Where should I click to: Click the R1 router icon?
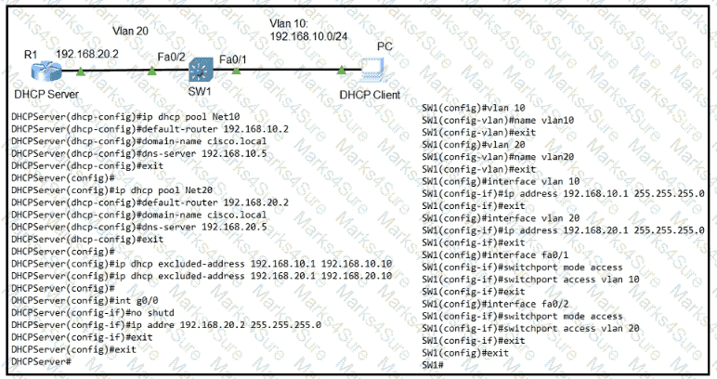pos(46,72)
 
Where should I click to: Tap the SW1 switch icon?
pos(202,70)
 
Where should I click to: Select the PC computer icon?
pos(372,70)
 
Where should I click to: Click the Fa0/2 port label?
pos(171,57)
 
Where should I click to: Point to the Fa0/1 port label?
pos(233,59)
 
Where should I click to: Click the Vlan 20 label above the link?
pos(130,31)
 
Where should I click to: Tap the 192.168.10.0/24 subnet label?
pos(308,36)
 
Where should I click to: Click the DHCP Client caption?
pos(370,95)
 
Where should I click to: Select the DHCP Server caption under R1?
pos(46,94)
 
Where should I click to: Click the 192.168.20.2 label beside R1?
pos(87,54)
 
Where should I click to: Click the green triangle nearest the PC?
pos(341,70)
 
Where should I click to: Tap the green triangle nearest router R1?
pos(81,71)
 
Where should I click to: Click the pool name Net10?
pos(226,117)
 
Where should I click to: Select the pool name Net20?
pos(199,190)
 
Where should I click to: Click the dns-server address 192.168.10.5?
pos(234,153)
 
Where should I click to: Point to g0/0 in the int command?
pos(148,300)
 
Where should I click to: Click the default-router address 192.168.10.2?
pos(256,129)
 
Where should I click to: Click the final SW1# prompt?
pos(433,365)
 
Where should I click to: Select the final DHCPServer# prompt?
pos(41,361)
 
